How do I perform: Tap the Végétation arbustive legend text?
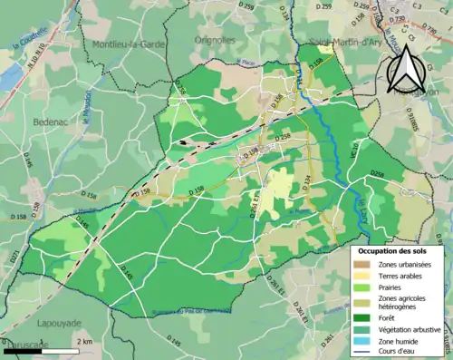pyautogui.click(x=411, y=330)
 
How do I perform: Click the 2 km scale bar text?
pyautogui.click(x=83, y=341)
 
